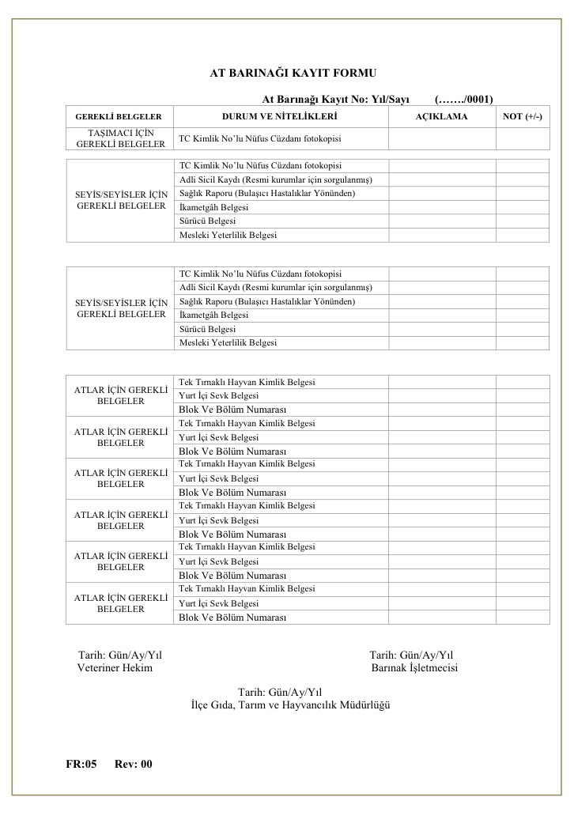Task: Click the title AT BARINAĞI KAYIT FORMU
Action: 282,73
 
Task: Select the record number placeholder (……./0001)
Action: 464,100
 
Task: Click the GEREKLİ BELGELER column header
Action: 119,117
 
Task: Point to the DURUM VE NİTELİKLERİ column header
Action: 280,117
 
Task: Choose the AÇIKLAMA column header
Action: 441,117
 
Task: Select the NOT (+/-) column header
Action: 523,117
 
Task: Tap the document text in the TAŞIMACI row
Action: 259,139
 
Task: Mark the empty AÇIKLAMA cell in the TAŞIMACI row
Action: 441,138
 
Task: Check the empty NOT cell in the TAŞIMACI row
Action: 523,138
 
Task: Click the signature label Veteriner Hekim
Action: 115,668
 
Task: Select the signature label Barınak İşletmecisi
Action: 414,668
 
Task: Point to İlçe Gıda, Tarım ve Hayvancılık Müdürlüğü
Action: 291,705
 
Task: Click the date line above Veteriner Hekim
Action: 120,655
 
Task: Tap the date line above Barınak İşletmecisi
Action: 411,655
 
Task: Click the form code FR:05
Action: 81,764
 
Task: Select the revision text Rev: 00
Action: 133,764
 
